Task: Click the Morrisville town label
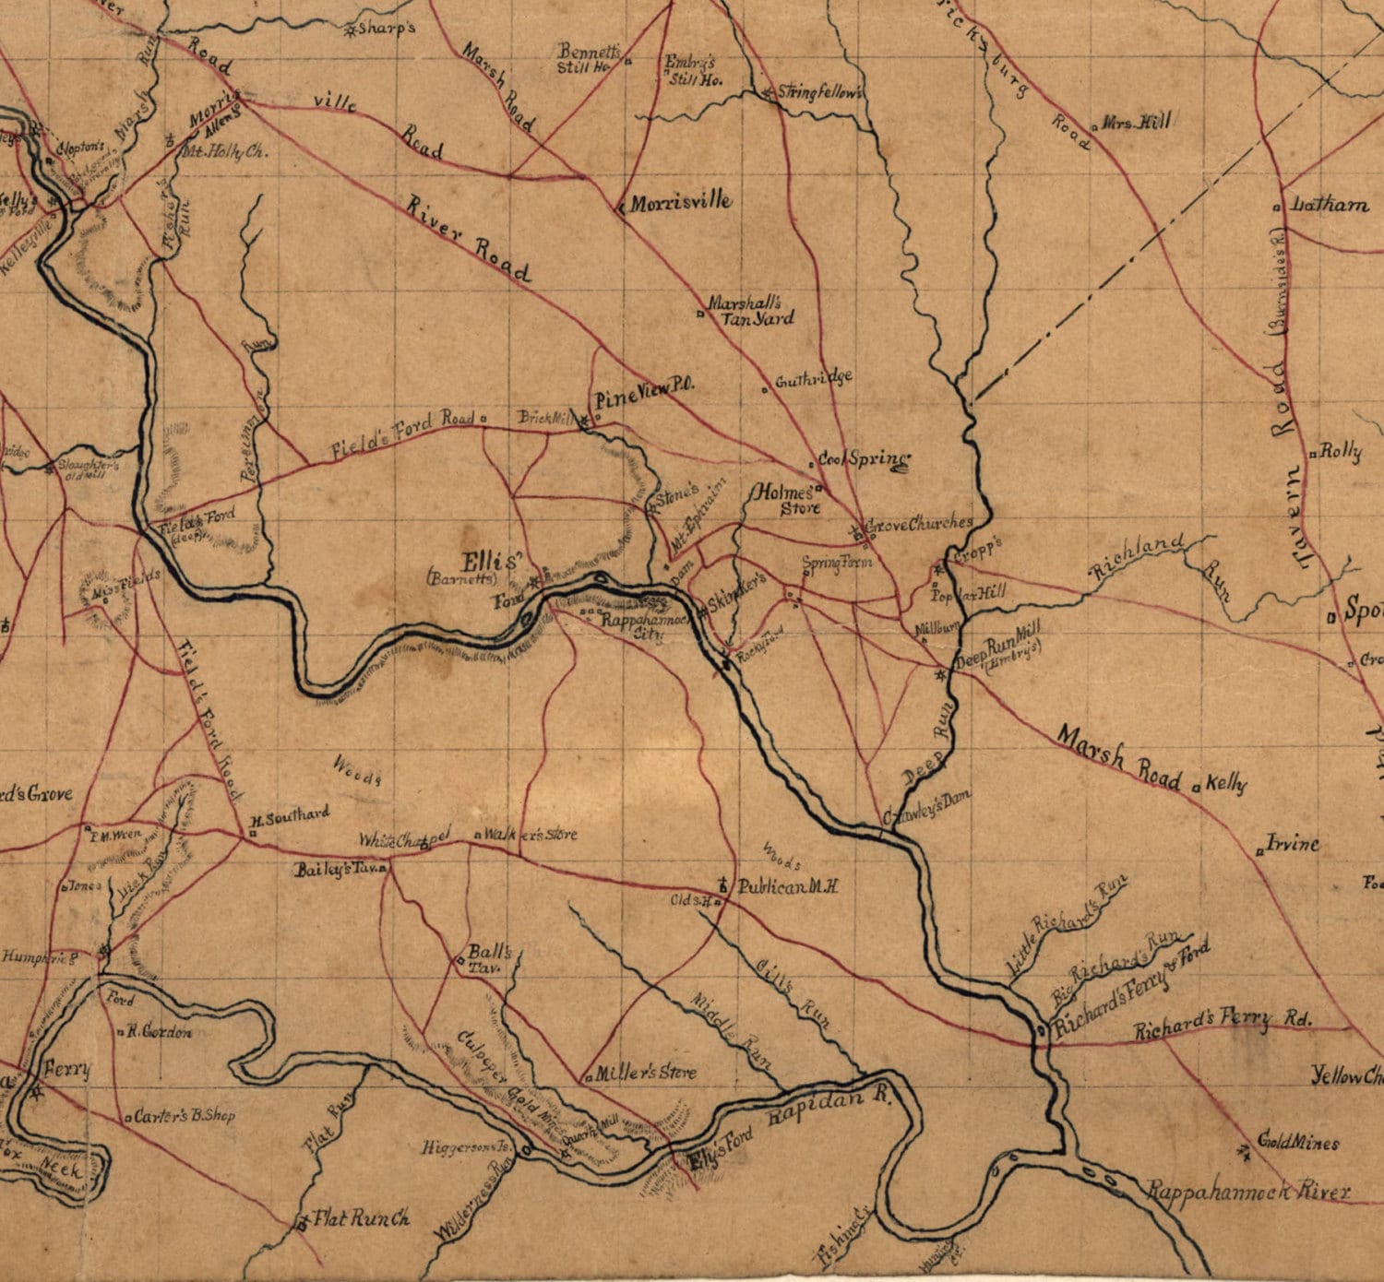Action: click(681, 202)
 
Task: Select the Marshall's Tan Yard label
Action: click(750, 311)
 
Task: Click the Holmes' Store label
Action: click(786, 499)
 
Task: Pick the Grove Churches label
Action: click(919, 524)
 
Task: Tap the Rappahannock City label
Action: click(645, 626)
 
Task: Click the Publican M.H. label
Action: click(787, 886)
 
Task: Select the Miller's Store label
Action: click(646, 1073)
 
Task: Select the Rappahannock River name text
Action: click(1248, 1191)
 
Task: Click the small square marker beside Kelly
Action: click(1196, 788)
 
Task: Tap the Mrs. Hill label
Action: click(1136, 122)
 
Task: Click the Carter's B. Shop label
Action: click(185, 1115)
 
